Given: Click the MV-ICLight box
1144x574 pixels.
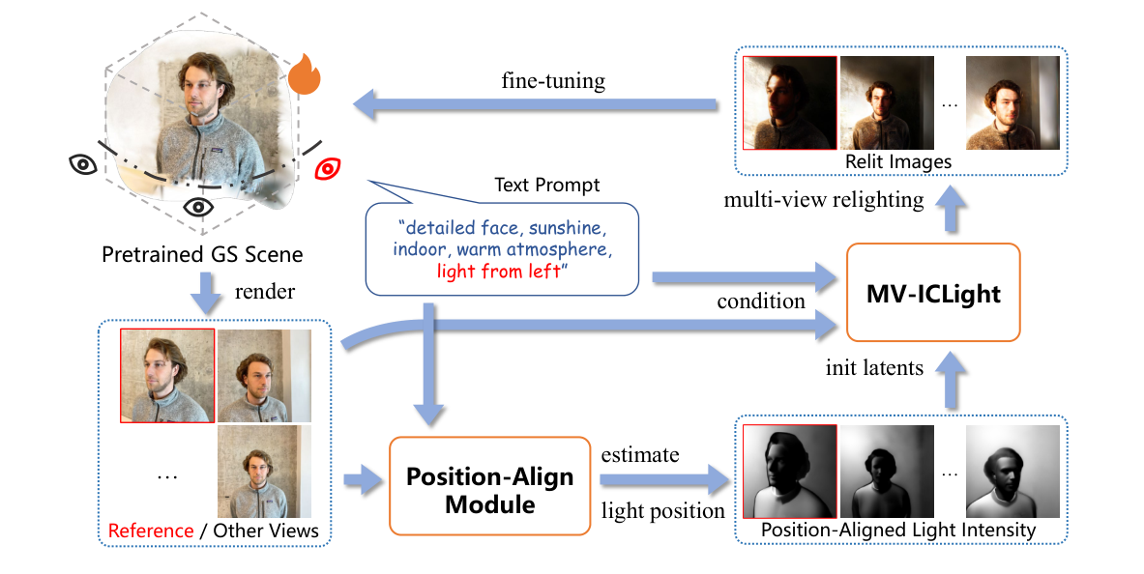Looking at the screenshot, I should [932, 292].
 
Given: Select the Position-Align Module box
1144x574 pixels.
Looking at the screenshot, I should [489, 486].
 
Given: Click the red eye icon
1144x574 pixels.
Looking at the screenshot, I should [329, 170].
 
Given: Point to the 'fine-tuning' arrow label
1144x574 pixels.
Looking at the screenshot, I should [553, 80].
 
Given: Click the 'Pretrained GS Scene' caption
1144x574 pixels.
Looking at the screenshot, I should [202, 255].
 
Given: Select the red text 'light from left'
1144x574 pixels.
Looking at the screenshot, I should [499, 272].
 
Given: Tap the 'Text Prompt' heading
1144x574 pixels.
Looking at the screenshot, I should [546, 185].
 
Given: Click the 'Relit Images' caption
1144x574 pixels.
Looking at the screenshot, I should [897, 161].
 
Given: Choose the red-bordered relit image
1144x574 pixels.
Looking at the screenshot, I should [789, 102].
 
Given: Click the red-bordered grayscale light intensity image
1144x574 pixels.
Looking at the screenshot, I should [789, 473].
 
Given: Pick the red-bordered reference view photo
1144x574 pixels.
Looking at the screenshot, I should [167, 375].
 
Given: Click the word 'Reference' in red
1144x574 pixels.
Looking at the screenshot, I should [151, 531].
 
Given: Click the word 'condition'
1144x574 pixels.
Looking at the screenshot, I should [760, 301].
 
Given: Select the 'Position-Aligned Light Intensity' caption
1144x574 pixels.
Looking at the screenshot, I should [898, 531].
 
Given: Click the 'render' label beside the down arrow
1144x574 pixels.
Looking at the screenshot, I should [267, 292].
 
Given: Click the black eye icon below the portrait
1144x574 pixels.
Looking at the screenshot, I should [198, 206].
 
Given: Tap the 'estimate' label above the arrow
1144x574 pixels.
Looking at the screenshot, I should [640, 453].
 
